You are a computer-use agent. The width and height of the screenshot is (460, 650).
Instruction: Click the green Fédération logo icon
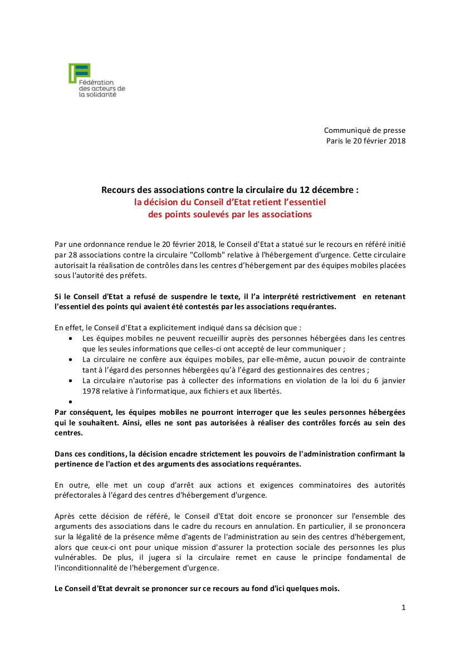coord(79,72)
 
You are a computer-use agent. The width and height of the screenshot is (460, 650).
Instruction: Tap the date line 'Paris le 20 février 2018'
coord(366,141)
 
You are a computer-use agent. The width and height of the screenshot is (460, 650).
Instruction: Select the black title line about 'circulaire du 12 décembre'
coord(229,190)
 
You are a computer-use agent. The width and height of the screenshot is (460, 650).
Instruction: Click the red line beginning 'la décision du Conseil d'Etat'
coord(229,202)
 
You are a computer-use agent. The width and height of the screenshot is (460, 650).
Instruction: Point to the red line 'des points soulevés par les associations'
coord(229,214)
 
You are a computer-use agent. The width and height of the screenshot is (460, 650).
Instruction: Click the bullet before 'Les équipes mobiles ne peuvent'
coord(70,338)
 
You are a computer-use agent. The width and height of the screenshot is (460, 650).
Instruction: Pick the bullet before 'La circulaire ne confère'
coord(70,359)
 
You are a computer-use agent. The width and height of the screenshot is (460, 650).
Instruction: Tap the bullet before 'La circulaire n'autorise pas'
coord(70,380)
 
